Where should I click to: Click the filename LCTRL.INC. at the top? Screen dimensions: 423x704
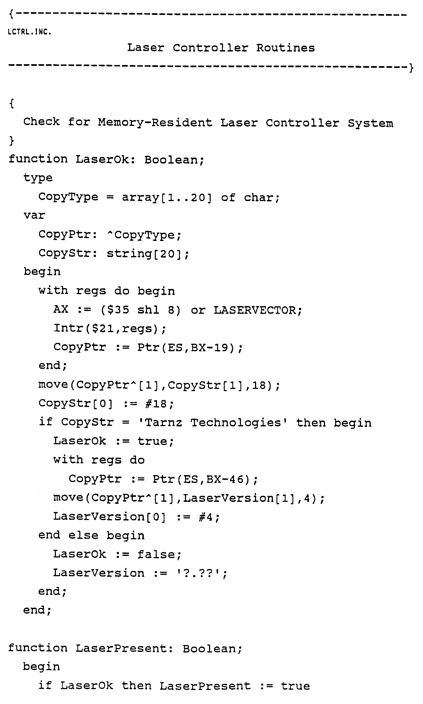click(30, 32)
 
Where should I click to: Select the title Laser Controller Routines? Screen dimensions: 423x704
click(221, 48)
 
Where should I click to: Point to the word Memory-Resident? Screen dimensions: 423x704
click(155, 123)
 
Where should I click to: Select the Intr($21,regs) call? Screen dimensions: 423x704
click(110, 329)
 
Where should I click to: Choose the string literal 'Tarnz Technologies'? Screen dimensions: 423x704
click(213, 423)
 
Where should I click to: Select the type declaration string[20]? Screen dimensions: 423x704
click(147, 253)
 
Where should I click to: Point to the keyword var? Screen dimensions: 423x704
click(34, 215)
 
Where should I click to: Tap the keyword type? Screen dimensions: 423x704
click(38, 178)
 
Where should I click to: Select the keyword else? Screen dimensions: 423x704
click(83, 535)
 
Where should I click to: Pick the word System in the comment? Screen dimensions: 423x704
click(370, 123)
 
